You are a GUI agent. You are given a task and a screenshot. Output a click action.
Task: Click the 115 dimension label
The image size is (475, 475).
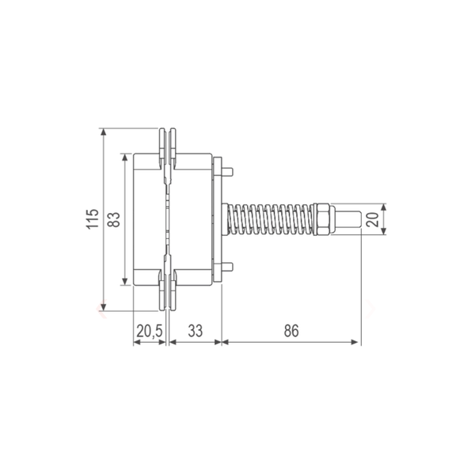(x=93, y=218)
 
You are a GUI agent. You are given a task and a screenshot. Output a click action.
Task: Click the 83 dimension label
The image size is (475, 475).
(x=113, y=219)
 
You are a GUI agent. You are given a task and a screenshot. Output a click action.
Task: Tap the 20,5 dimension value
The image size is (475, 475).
(x=150, y=331)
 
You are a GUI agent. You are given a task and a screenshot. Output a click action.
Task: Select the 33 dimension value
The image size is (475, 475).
(x=195, y=331)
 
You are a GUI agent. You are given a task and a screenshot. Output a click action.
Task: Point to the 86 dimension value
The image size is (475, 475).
(x=291, y=331)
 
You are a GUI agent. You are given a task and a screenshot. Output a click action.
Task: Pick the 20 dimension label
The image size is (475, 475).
(x=372, y=219)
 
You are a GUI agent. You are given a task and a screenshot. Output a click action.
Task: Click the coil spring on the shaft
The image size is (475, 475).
(x=271, y=219)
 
